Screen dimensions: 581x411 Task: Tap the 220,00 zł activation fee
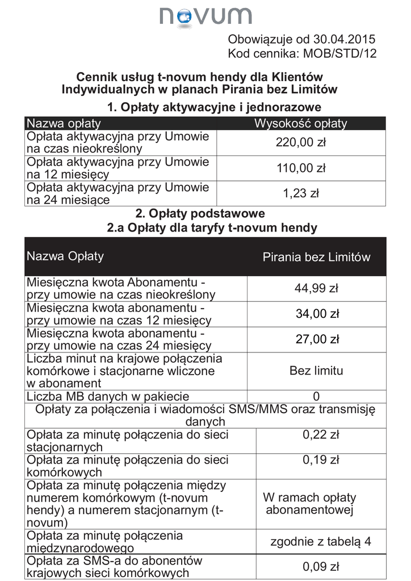tap(301, 143)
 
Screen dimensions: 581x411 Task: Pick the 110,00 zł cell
tap(301, 169)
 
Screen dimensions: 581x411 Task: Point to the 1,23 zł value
tap(301, 193)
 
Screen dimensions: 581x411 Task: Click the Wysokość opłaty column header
tap(300, 124)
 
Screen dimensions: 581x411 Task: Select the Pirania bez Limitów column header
tap(316, 257)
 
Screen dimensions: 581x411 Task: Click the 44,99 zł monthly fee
tap(316, 288)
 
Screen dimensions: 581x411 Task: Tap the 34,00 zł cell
tap(317, 314)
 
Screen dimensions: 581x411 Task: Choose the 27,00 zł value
tap(317, 339)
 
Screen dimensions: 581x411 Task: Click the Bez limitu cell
tap(316, 371)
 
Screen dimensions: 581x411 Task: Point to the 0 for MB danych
tap(316, 396)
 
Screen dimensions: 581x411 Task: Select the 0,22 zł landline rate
tap(321, 435)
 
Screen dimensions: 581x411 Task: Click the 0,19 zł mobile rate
tap(321, 460)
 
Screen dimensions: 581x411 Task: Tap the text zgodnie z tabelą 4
tap(321, 541)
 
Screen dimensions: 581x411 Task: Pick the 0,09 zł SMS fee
tap(321, 566)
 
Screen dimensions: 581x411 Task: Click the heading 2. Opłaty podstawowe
tap(200, 214)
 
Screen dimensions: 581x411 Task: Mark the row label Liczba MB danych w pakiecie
tap(108, 397)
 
